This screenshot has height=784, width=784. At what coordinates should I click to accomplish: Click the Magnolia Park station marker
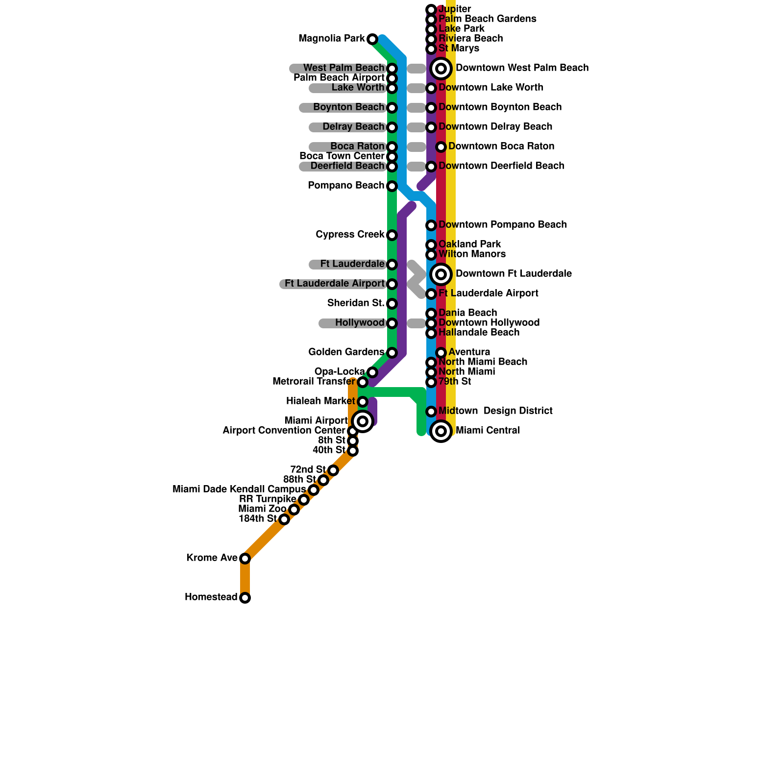pos(372,39)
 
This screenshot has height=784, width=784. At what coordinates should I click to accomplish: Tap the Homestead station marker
pos(245,598)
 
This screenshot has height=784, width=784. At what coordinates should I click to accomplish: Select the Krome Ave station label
pos(212,558)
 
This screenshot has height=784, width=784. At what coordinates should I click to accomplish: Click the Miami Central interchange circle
pos(441,431)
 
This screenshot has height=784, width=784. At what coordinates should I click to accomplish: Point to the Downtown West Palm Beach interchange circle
pos(441,69)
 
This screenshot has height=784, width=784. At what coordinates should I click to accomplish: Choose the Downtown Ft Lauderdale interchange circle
pos(441,274)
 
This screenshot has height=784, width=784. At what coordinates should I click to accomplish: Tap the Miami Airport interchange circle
pos(363,421)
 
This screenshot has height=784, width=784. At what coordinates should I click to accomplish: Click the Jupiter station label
pos(455,9)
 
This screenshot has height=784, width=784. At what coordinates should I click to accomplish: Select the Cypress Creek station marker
pos(392,235)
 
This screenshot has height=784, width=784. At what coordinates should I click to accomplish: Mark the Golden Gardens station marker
pos(392,353)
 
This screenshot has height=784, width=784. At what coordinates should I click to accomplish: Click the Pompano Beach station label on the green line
pos(346,186)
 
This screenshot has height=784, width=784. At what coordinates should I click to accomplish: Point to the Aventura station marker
pos(441,353)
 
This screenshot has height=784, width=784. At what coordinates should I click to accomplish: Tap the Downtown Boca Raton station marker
pos(441,147)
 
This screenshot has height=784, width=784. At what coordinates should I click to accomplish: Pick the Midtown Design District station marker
pos(431,412)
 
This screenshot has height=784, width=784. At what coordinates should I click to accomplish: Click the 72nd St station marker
pos(333,470)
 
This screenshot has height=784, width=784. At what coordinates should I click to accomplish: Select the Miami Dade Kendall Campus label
pos(239,490)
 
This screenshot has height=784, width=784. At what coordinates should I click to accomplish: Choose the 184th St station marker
pos(284,519)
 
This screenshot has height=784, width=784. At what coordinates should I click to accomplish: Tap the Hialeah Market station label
pos(320,401)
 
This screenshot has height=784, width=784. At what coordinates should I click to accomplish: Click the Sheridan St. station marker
pos(392,304)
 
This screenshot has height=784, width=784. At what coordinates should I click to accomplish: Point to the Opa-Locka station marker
pos(372,372)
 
